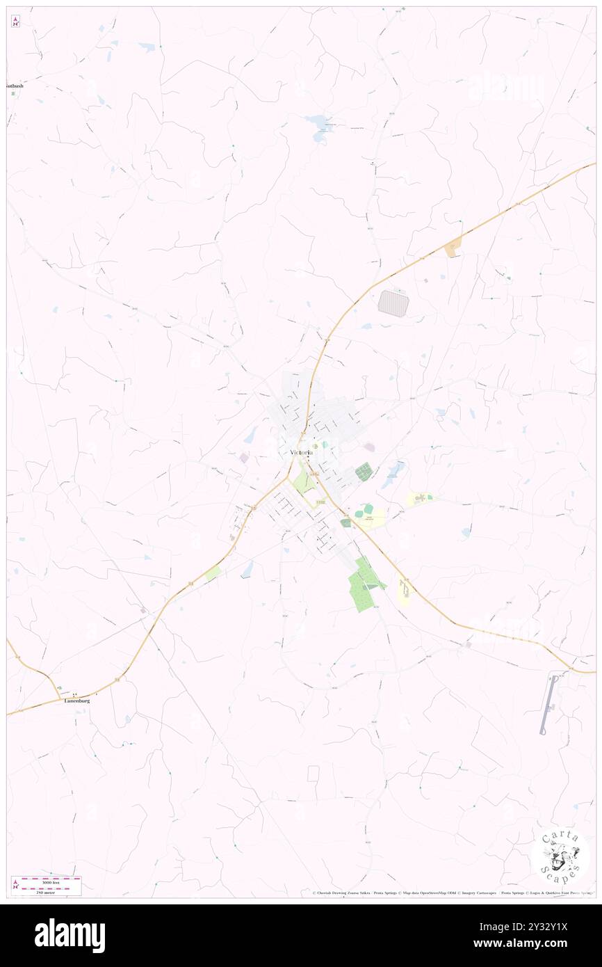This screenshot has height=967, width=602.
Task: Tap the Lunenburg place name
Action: [77, 701]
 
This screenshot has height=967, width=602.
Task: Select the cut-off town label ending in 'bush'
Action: [15, 86]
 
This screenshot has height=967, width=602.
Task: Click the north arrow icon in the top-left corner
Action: [15, 22]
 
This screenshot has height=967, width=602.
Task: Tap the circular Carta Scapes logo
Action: [560, 856]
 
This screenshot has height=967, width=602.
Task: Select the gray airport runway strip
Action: [548, 705]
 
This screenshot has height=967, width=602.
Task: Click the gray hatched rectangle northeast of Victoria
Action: [393, 302]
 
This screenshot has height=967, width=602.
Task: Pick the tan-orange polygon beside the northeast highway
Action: [453, 246]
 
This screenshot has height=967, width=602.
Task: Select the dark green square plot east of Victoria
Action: [364, 472]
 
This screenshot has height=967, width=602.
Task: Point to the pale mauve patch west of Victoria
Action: [244, 458]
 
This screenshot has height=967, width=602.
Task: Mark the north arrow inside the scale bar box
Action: [15, 885]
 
